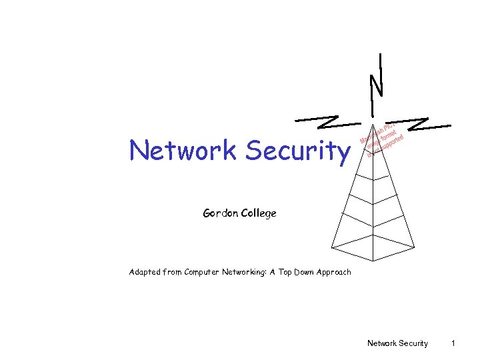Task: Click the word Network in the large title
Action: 184,151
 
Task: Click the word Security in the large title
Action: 297,152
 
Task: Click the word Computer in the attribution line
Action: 205,272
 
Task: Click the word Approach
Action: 335,272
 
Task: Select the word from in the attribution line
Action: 172,272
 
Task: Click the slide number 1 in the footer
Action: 453,343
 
